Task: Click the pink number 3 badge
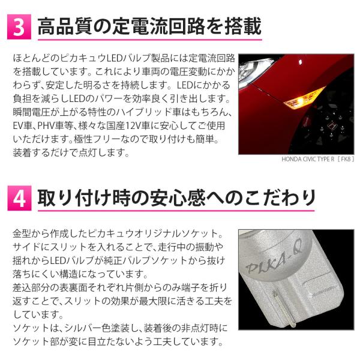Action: (19, 27)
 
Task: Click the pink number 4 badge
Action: (19, 198)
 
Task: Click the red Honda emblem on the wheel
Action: (331, 126)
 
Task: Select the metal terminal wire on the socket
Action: (284, 308)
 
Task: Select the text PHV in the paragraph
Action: (46, 126)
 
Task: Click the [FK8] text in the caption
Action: (346, 159)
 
